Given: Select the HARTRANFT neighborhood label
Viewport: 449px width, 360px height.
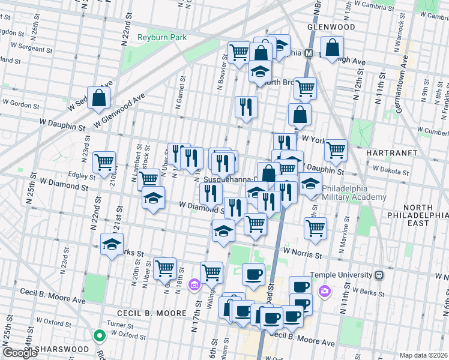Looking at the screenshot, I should tap(390, 153).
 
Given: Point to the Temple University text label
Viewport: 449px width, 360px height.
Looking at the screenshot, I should tap(342, 275).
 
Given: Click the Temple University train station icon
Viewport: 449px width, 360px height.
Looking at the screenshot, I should tap(378, 275).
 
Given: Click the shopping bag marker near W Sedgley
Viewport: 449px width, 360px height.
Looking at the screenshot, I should tap(98, 97).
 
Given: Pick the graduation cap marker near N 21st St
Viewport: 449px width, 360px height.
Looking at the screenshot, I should tap(112, 244).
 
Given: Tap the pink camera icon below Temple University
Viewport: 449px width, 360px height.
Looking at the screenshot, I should tap(325, 291).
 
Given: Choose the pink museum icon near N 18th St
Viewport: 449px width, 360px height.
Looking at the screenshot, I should tap(194, 284).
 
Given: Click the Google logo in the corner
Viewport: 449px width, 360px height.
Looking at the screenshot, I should tap(19, 353).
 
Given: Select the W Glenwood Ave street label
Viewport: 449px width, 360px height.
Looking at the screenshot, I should tap(119, 112).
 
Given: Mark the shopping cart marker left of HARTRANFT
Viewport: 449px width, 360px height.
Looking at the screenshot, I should tap(335, 149).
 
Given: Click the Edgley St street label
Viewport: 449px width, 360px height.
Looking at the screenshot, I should tap(82, 175).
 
